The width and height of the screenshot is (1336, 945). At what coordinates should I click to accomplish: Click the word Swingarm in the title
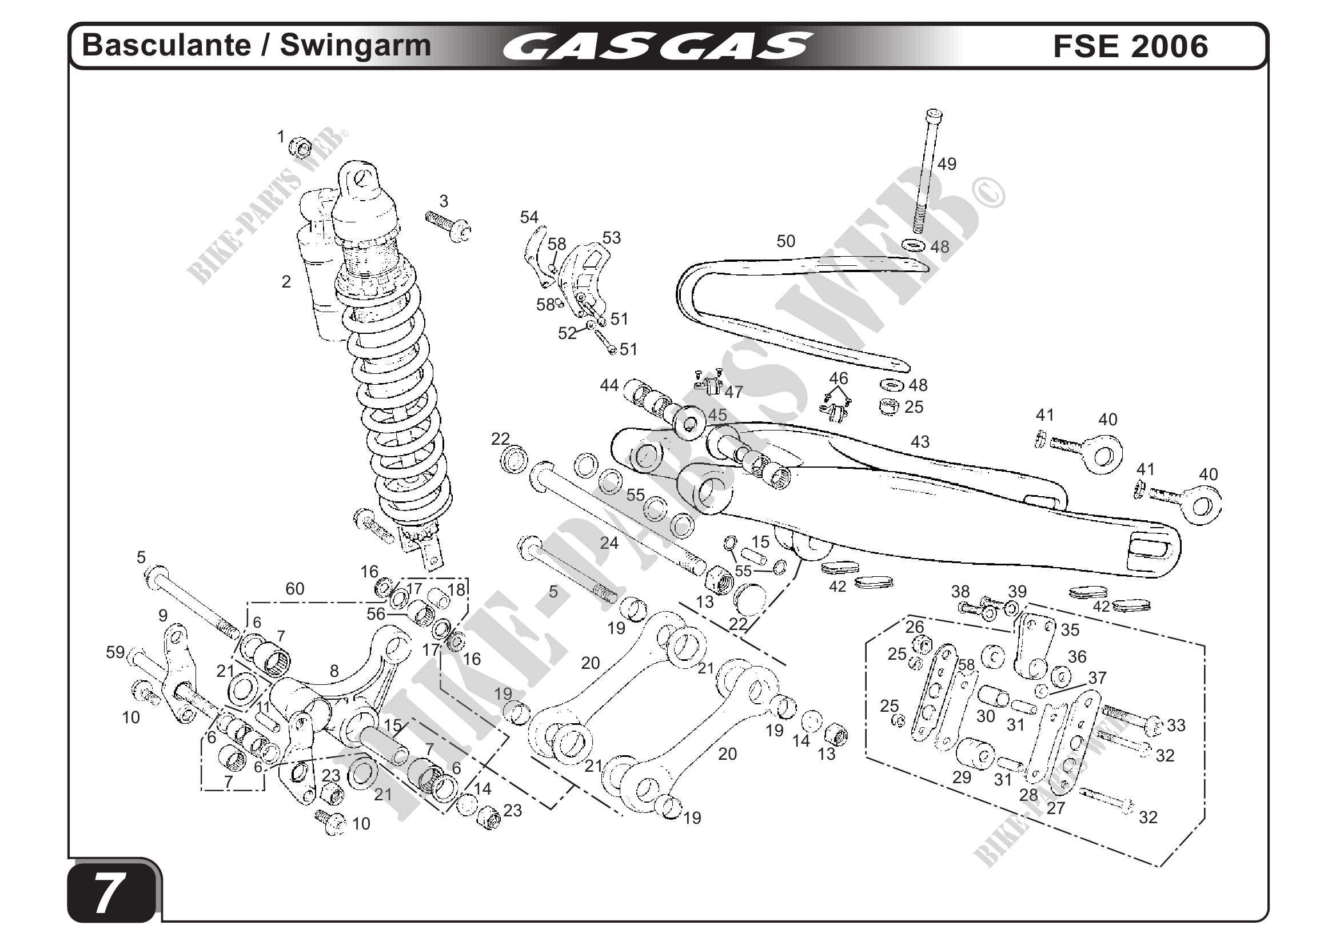click(x=355, y=45)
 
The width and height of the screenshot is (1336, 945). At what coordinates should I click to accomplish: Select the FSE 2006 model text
click(x=1130, y=46)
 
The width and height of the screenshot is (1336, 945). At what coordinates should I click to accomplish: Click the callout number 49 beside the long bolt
click(x=946, y=165)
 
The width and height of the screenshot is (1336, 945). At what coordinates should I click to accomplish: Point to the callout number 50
click(x=785, y=241)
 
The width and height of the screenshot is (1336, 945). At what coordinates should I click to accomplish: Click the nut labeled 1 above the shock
click(x=300, y=147)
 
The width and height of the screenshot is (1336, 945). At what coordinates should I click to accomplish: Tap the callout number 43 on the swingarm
click(x=919, y=442)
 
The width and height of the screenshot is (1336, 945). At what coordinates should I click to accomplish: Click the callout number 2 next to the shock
click(x=286, y=282)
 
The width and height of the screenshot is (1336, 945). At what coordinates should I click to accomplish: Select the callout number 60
click(x=294, y=589)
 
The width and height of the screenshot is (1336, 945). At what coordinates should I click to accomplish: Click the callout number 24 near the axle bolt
click(x=609, y=543)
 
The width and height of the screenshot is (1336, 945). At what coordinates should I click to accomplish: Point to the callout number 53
click(x=611, y=237)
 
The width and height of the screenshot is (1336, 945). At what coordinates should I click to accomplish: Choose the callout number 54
click(x=529, y=217)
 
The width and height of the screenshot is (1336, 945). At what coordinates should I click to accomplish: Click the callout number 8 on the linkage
click(x=334, y=671)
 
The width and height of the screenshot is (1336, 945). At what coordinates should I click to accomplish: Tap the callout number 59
click(x=115, y=652)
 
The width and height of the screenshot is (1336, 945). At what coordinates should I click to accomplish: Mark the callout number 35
click(x=1070, y=629)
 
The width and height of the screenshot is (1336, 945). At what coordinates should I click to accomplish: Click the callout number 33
click(x=1175, y=725)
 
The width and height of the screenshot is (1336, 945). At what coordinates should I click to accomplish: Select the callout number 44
click(x=609, y=385)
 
